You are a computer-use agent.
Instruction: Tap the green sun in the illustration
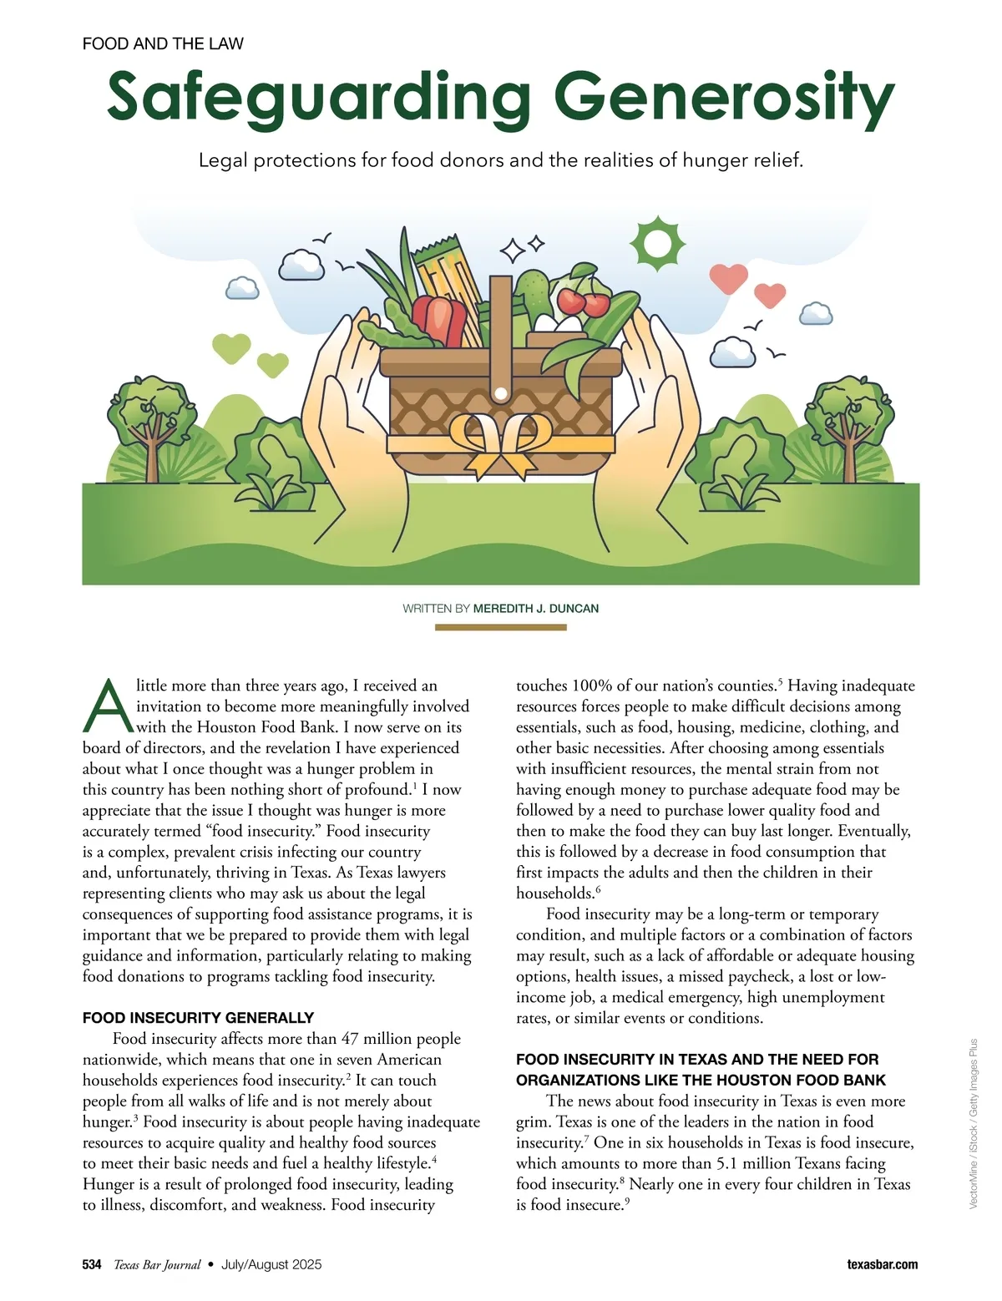[657, 244]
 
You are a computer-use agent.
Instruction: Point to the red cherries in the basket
[584, 301]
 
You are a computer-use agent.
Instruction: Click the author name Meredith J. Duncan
[535, 608]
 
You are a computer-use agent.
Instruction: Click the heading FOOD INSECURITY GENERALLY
[198, 1018]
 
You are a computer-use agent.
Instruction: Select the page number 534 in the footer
[92, 1264]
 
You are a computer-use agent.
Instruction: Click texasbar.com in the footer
[882, 1264]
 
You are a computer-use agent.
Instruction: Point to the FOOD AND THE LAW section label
[163, 43]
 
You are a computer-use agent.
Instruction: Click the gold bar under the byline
[500, 627]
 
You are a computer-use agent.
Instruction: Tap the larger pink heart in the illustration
[728, 277]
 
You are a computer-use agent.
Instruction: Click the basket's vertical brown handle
[500, 334]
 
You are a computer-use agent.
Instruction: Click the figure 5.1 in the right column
[726, 1163]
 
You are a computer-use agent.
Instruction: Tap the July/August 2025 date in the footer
[271, 1264]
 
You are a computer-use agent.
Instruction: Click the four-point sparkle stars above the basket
[521, 248]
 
